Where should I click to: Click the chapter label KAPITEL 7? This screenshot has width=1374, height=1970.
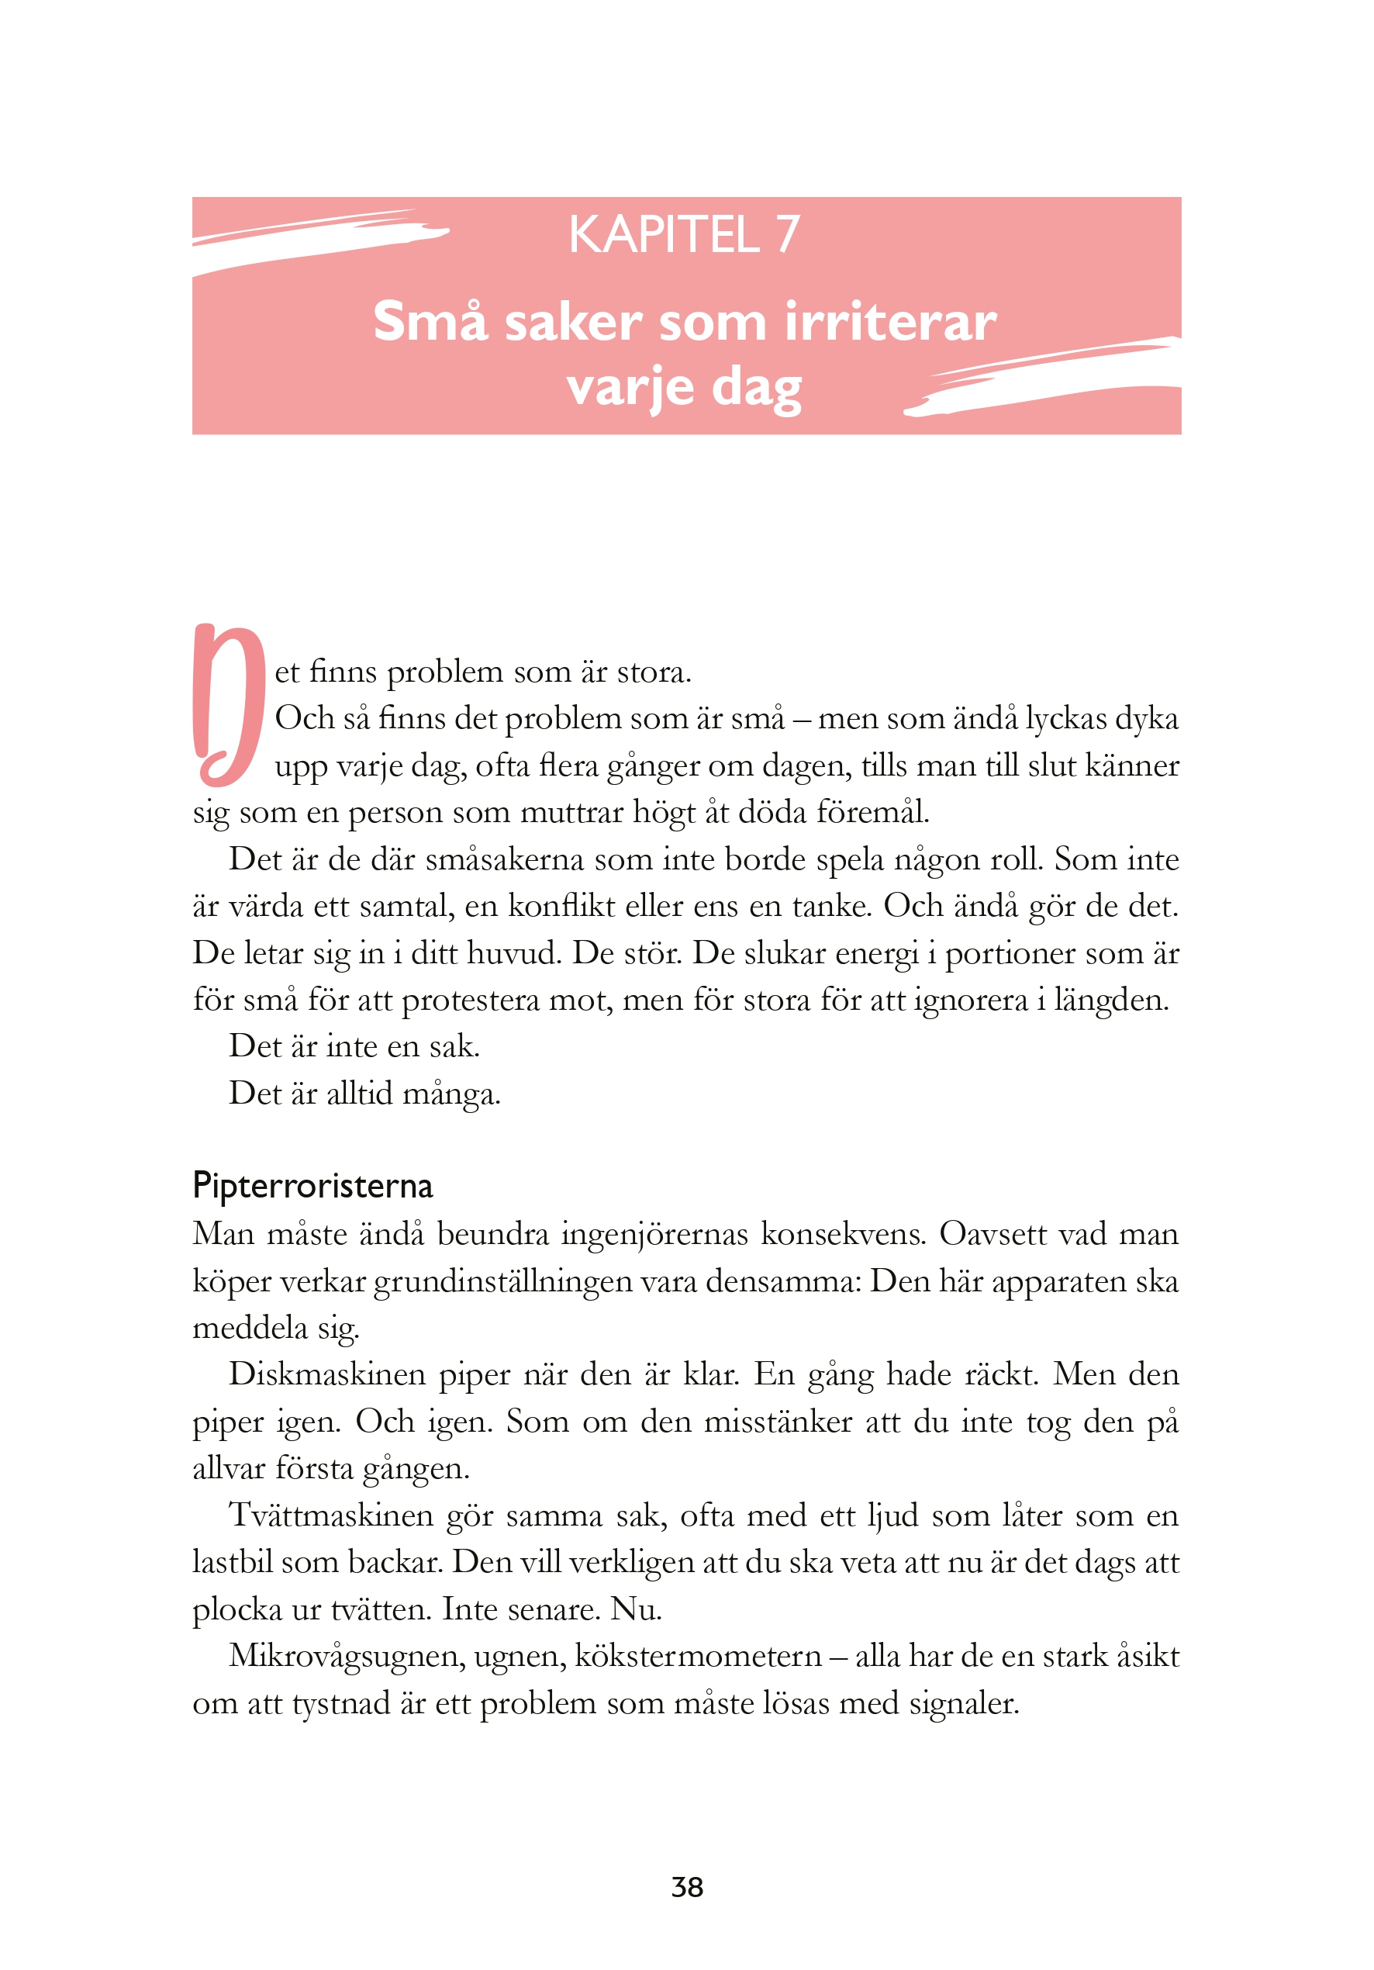[x=684, y=234]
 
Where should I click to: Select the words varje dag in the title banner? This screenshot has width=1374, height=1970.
[x=684, y=388]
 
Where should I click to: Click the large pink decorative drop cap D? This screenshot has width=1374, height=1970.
[x=227, y=704]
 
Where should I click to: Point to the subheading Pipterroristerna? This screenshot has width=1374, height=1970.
[x=312, y=1185]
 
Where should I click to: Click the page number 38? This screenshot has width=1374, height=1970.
[x=687, y=1887]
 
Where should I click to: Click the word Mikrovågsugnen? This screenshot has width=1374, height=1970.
[x=346, y=1656]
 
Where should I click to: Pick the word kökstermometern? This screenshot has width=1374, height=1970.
[x=697, y=1656]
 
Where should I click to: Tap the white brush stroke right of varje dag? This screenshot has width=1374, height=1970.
[x=1046, y=378]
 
